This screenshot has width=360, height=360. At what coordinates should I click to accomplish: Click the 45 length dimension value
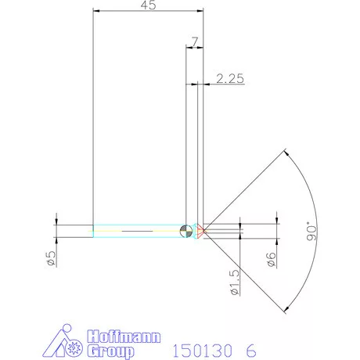[148, 5]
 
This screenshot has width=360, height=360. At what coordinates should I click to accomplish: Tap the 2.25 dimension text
[229, 78]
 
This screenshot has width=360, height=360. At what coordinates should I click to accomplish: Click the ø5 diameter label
[50, 259]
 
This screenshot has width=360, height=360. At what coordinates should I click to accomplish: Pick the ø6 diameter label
[271, 259]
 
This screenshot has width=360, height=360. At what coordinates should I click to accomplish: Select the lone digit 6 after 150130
[251, 349]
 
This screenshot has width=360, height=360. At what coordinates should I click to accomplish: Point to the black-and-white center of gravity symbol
[185, 231]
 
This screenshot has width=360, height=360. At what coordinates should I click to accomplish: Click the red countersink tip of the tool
[201, 231]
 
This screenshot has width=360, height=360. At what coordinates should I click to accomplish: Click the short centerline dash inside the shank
[136, 232]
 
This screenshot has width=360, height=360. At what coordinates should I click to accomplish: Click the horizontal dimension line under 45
[148, 11]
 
